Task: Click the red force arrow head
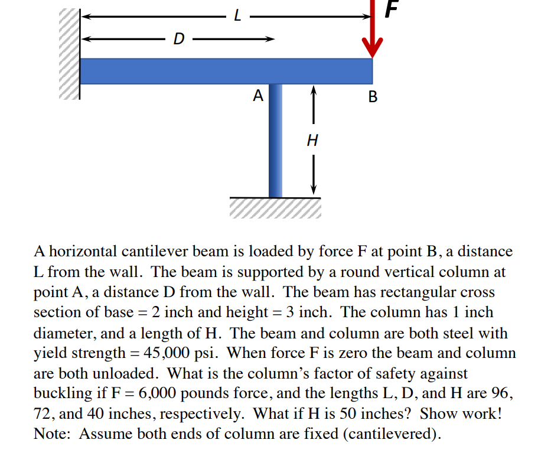coord(372,47)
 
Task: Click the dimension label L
coord(237,17)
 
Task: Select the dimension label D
coord(178,40)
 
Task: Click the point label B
coord(372,96)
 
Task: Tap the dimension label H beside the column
coord(313,141)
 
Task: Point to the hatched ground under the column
coord(275,208)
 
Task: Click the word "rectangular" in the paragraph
coord(410,292)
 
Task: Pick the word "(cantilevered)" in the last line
coord(394,434)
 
